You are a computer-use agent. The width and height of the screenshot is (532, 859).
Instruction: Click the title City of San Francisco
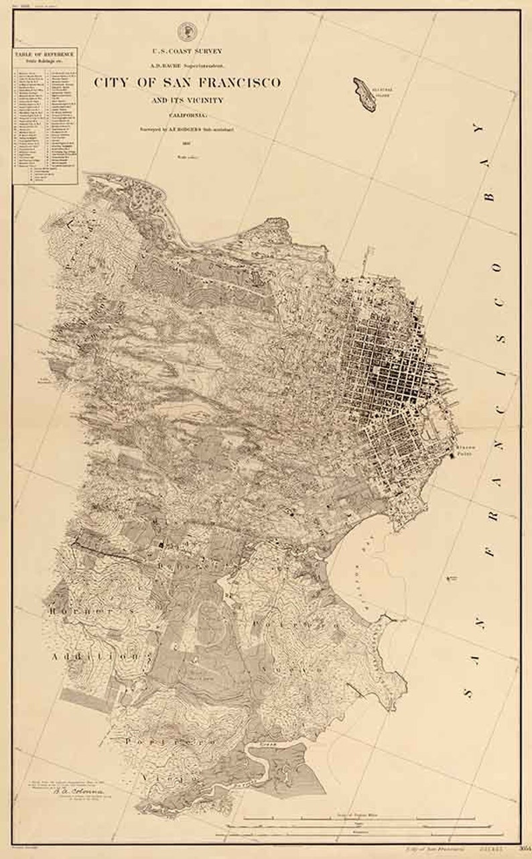[187, 82]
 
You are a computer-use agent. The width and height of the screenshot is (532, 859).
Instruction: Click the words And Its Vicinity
[187, 100]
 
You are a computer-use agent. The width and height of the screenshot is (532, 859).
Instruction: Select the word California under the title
[187, 113]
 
